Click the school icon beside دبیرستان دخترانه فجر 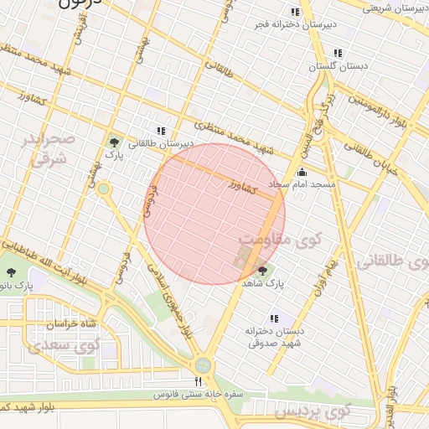coord(294,12)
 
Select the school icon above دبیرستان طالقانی coord(160,131)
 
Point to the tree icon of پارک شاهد coord(262,270)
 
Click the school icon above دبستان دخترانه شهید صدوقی coord(273,318)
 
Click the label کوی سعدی coord(65,344)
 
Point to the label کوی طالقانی coord(392,262)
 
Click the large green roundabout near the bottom coord(202,365)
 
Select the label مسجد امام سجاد coord(302,183)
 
